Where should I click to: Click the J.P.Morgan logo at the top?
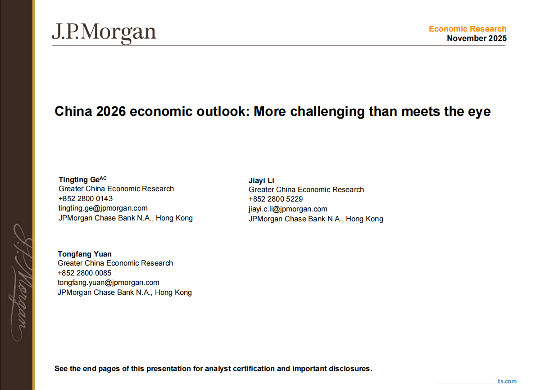[x=104, y=33]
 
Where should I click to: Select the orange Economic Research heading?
[x=468, y=29]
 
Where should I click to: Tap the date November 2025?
[x=477, y=38]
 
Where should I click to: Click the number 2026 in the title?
[x=110, y=111]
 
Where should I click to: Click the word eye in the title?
[x=480, y=111]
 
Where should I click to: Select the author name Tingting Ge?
[x=79, y=179]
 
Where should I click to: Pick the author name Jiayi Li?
[x=261, y=180]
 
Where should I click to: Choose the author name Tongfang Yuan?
[x=85, y=254]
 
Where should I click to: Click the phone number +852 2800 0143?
[x=86, y=198]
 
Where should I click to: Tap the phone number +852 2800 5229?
[x=276, y=199]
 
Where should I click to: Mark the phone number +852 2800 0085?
[x=85, y=273]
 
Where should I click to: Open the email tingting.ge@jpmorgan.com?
[x=103, y=208]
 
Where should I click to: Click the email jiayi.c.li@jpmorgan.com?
[x=288, y=209]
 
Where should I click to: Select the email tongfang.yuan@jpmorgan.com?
[x=109, y=282]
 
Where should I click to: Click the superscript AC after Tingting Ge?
[x=103, y=178]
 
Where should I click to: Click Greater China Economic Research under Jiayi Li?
[x=306, y=190]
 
